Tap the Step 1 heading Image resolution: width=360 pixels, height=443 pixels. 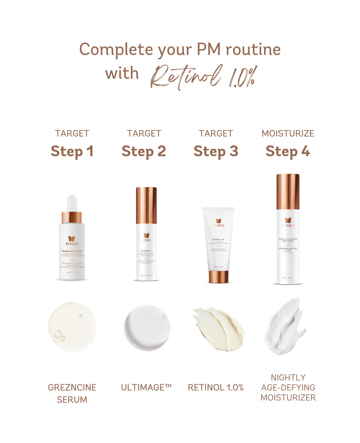point(72,151)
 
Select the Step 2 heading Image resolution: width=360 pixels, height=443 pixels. point(144,151)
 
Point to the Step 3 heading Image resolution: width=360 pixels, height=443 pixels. point(216,151)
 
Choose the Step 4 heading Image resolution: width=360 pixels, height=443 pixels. point(288,151)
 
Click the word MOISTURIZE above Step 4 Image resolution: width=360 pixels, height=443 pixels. point(288,133)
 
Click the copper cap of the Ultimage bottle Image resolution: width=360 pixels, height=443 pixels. point(146,205)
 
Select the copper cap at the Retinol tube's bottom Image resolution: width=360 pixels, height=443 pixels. point(218,277)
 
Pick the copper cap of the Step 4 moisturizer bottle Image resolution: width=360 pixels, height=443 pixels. point(288,192)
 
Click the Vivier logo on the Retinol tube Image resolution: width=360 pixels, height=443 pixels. point(219,223)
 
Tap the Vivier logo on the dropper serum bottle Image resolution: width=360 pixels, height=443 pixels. point(72,241)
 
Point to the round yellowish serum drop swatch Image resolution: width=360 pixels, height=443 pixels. point(72,327)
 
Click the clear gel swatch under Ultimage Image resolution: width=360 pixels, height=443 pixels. point(147,328)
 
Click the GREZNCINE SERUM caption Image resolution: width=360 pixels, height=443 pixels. point(72,393)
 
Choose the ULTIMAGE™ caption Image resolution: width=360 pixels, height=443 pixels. point(146,387)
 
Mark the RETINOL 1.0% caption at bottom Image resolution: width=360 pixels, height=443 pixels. point(216,387)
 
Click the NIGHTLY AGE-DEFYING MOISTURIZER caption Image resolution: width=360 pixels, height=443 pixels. point(288,387)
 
